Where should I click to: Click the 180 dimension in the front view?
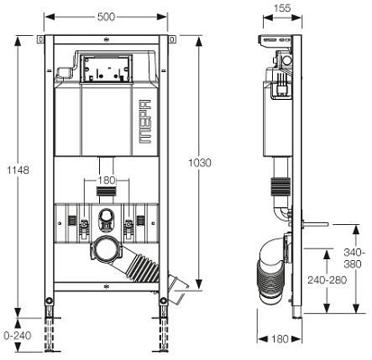[107, 180]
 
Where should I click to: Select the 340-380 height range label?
[353, 257]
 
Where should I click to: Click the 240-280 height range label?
[324, 280]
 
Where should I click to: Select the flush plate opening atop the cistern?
[107, 67]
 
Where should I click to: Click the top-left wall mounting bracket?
[42, 40]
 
